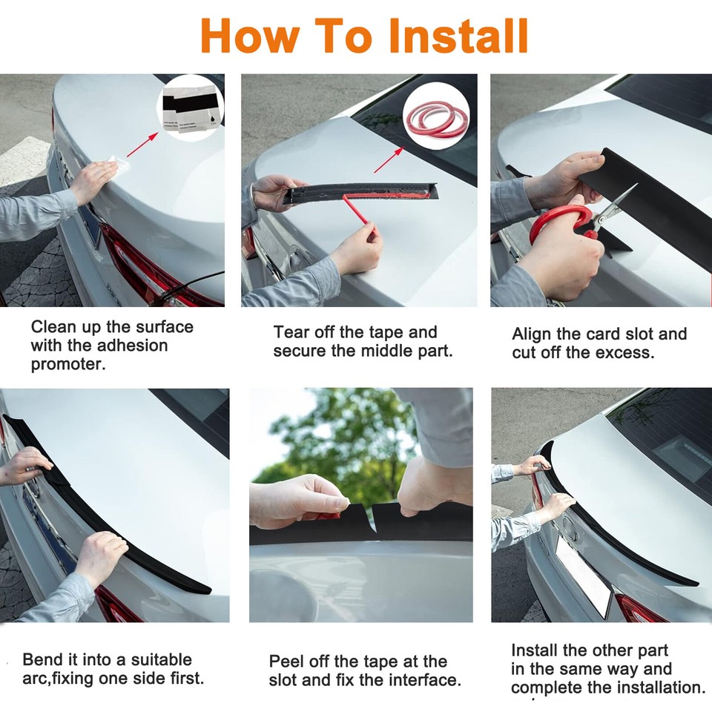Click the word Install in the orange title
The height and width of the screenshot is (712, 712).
coord(458,36)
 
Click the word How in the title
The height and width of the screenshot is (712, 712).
coord(250,36)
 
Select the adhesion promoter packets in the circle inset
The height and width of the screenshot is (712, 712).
coord(191,108)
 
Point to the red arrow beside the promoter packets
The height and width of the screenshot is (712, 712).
coord(142,145)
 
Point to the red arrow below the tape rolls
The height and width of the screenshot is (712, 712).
coord(389,160)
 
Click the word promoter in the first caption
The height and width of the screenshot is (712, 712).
coord(68,364)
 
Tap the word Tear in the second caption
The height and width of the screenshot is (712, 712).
coord(291,332)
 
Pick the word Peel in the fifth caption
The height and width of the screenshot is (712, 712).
coord(288,661)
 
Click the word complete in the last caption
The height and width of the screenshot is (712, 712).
coord(544,688)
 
